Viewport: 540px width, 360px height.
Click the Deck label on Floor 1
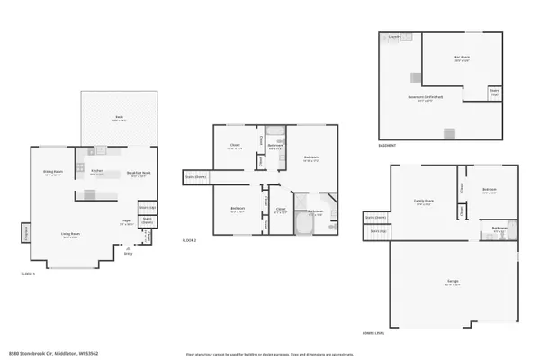coord(119,118)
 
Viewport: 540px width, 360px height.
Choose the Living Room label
coord(67,234)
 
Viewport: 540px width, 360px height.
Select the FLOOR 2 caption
coord(189,240)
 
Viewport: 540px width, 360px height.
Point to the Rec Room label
coord(462,58)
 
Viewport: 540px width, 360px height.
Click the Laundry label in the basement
coord(394,37)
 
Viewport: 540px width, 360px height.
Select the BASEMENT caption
coord(388,145)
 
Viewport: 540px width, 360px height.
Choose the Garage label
coord(453,283)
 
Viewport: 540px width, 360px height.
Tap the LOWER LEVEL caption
coord(374,332)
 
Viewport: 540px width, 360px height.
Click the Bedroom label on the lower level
coord(490,191)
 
